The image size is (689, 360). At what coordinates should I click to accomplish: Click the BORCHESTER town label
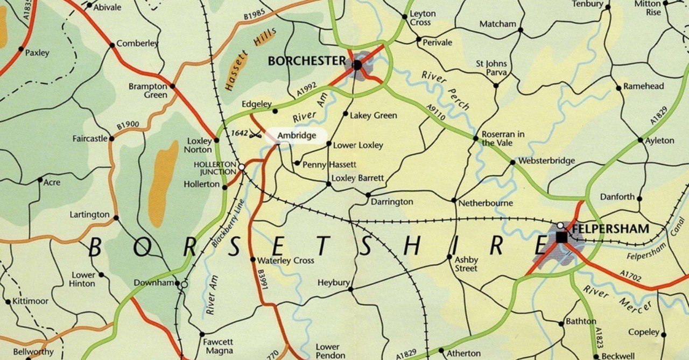point(306,61)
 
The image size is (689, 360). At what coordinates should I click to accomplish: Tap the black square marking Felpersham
point(561,236)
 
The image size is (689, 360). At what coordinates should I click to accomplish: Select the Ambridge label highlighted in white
point(297,136)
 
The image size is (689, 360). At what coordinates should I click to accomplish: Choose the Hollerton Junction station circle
point(242,167)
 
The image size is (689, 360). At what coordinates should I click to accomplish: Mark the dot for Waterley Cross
point(253,259)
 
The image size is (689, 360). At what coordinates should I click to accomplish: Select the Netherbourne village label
point(486,203)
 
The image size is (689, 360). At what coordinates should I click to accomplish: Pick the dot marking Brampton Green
point(173,86)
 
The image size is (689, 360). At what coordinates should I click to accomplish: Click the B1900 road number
point(128,126)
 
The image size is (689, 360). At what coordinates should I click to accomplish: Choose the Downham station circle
point(184,284)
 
